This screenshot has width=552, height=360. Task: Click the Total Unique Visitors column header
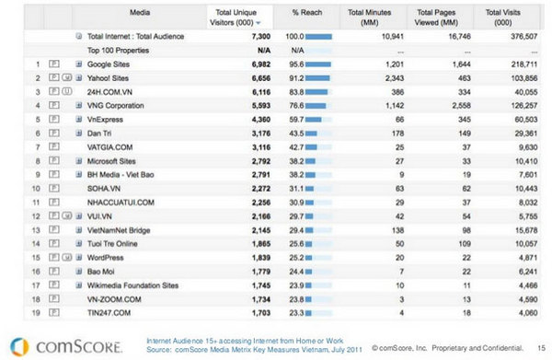(x=231, y=16)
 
